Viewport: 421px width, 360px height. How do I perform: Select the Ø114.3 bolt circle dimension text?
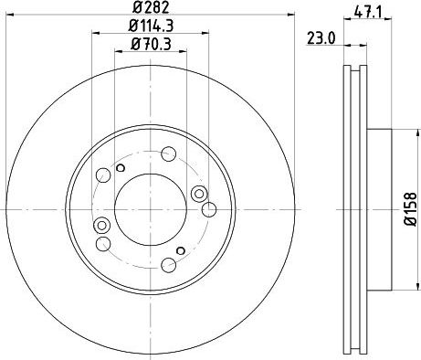(x=150, y=26)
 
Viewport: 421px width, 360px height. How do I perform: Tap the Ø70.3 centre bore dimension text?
(x=150, y=43)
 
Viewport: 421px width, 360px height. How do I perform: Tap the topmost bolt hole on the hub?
(x=169, y=154)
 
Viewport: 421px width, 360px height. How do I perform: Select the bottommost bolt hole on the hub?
(x=169, y=265)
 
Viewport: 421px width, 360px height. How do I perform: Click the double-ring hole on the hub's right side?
(x=200, y=192)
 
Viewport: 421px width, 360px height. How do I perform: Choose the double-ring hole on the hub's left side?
(x=101, y=226)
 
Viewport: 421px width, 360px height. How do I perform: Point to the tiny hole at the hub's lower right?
(x=181, y=249)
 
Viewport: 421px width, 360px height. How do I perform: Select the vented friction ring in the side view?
(x=355, y=101)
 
